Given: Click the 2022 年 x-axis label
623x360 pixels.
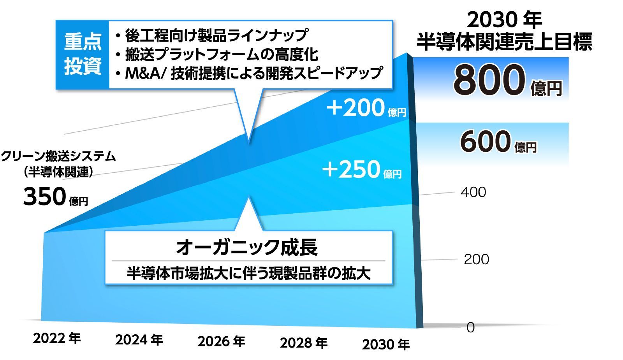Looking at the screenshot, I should tap(57, 338).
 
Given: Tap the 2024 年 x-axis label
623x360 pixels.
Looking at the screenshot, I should tap(139, 340).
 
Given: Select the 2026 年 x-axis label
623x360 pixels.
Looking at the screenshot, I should tap(221, 341).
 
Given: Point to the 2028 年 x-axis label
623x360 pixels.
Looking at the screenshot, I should tap(304, 343).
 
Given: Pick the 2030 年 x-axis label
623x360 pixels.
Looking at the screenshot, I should tap(386, 344).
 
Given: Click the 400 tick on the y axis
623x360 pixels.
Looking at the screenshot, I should tap(473, 192).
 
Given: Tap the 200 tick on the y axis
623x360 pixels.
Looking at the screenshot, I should tap(476, 259).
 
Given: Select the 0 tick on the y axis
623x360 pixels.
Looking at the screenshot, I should tap(470, 327).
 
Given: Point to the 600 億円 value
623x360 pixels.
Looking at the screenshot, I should tap(498, 142).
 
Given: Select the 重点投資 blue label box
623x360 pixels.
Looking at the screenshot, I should tap(83, 54).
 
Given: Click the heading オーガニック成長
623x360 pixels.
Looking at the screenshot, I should tap(247, 247).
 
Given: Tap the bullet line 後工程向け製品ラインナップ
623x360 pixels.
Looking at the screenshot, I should tap(215, 35).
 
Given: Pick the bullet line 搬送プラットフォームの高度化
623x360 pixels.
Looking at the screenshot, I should tap(220, 54).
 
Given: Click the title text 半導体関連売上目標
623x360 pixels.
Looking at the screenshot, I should tap(504, 42).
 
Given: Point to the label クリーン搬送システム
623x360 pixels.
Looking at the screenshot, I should tap(58, 156).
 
